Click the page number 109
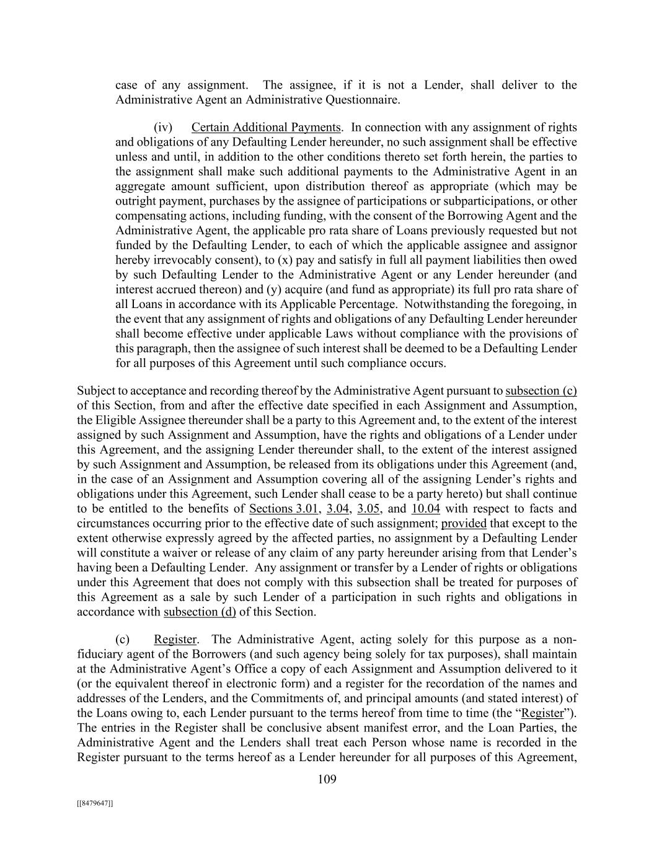pyautogui.click(x=327, y=779)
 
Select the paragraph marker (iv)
pyautogui.click(x=162, y=128)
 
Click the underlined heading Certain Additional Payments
pyautogui.click(x=266, y=128)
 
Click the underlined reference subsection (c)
pyautogui.click(x=541, y=390)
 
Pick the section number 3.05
pyautogui.click(x=369, y=509)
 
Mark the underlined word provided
pyautogui.click(x=464, y=524)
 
